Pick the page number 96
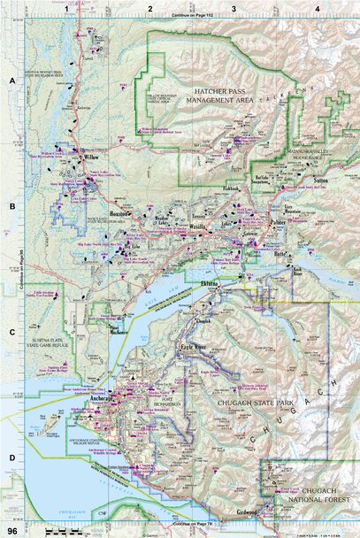coord(11,530)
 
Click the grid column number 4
coord(317,8)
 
